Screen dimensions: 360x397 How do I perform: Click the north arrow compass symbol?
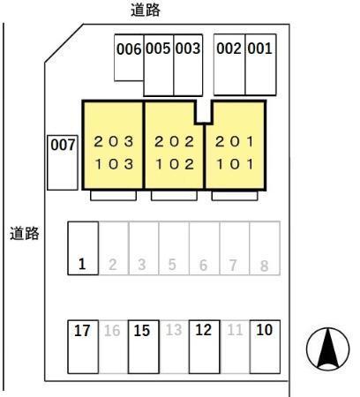tap(327, 349)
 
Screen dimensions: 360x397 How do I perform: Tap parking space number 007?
tap(63, 162)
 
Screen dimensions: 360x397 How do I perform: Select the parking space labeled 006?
tap(129, 57)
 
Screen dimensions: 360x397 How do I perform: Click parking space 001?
tap(260, 64)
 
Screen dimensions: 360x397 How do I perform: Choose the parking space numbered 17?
tap(83, 347)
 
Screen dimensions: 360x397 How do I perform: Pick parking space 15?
tap(144, 347)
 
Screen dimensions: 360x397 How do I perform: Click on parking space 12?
tap(205, 347)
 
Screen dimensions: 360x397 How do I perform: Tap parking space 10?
tap(265, 347)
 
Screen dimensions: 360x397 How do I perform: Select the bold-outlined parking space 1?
tap(83, 248)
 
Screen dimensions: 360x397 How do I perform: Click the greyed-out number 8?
tap(264, 266)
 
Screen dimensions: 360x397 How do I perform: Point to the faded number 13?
tap(174, 330)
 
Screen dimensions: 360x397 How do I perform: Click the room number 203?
tap(114, 142)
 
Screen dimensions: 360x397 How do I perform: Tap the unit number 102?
tap(175, 164)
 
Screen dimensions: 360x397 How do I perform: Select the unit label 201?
tap(235, 142)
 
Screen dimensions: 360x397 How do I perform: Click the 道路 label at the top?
tap(146, 10)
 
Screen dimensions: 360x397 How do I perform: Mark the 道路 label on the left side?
tap(25, 234)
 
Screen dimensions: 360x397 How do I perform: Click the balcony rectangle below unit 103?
tap(114, 196)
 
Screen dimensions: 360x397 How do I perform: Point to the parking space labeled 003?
tap(188, 65)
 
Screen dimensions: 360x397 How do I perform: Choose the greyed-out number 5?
tap(172, 265)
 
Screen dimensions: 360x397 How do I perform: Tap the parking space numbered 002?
tap(229, 64)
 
